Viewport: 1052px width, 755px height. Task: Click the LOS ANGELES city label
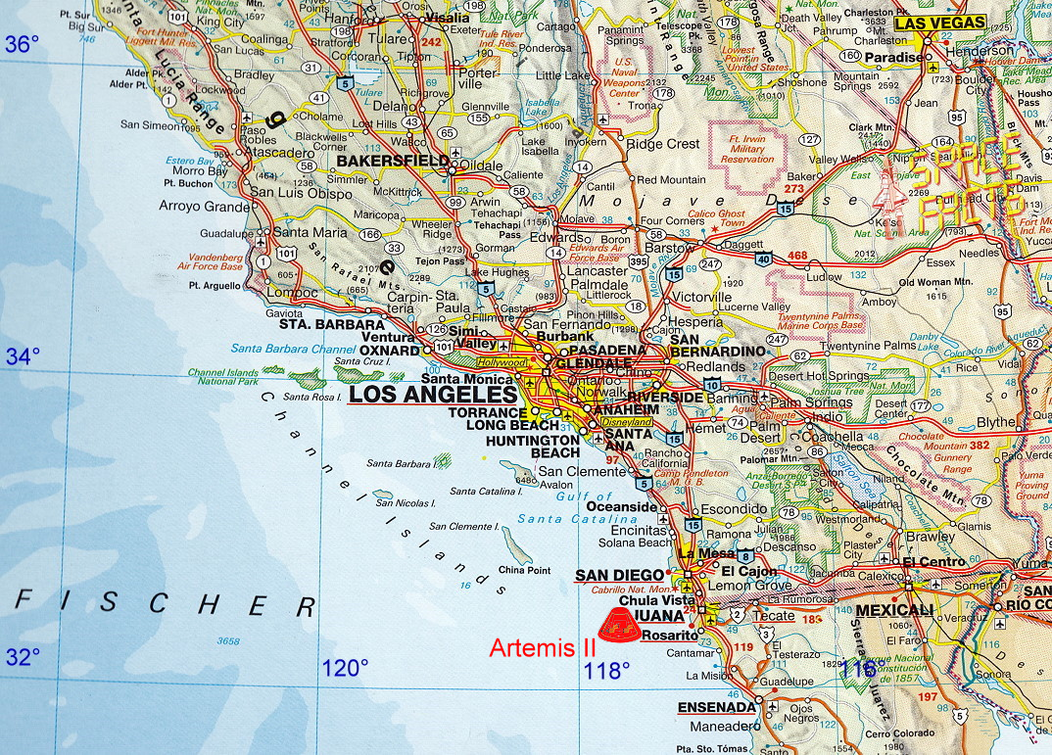tap(432, 395)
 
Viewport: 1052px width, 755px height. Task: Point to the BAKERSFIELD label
tap(393, 160)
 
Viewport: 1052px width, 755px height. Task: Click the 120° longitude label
tap(345, 669)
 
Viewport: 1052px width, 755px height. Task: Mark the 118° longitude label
tap(606, 670)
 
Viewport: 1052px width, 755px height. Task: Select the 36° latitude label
tap(22, 44)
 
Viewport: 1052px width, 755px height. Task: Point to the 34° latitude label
tap(22, 356)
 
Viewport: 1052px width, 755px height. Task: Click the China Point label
tap(524, 569)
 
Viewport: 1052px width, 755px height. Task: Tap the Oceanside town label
tap(622, 506)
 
